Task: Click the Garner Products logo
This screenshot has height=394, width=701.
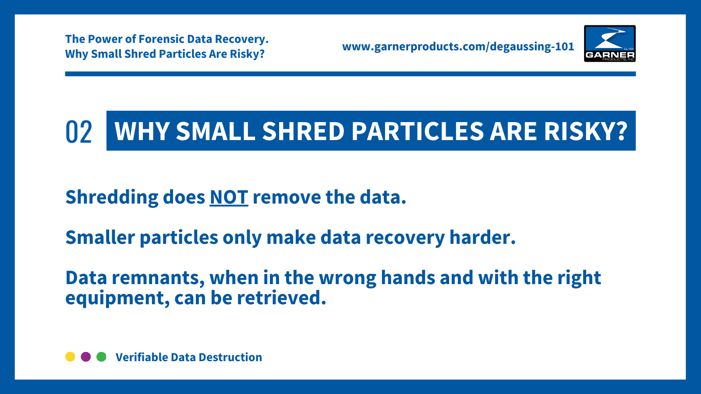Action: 609,43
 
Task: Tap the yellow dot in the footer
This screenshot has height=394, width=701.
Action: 70,357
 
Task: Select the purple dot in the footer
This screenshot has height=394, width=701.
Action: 86,357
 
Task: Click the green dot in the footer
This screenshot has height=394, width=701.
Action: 101,357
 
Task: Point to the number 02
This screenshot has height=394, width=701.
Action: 79,132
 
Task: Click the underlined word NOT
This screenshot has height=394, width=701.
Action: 229,197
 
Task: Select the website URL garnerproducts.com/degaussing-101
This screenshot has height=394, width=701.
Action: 458,46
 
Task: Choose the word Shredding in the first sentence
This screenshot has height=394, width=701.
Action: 112,197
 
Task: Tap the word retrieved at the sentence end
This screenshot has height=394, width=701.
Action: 281,298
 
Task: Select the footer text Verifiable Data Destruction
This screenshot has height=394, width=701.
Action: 188,357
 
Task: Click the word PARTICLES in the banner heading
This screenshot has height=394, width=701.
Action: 417,131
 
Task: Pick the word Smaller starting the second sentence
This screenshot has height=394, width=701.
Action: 100,237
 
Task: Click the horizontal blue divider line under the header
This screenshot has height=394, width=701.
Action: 350,74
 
